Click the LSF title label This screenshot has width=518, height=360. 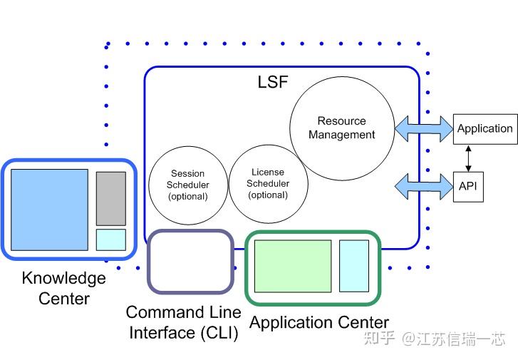273,81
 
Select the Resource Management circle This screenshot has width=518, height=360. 342,128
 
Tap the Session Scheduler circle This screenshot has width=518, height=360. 187,184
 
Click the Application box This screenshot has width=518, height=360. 485,129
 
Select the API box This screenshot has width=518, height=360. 467,186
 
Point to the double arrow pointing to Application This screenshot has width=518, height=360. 423,128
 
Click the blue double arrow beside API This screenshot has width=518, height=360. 423,186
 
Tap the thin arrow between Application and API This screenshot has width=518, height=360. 467,158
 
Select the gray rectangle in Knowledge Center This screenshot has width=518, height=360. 111,198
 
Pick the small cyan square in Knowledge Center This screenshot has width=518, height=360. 111,239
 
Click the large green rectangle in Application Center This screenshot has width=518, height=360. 293,266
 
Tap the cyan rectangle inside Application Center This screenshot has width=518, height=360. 353,266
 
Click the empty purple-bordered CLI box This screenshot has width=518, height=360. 190,262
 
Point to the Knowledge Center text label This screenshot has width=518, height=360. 63,288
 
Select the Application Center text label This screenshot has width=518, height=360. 318,323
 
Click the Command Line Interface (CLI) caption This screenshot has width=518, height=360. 184,322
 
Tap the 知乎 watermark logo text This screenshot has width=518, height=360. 378,338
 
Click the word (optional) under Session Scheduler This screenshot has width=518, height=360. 187,196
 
